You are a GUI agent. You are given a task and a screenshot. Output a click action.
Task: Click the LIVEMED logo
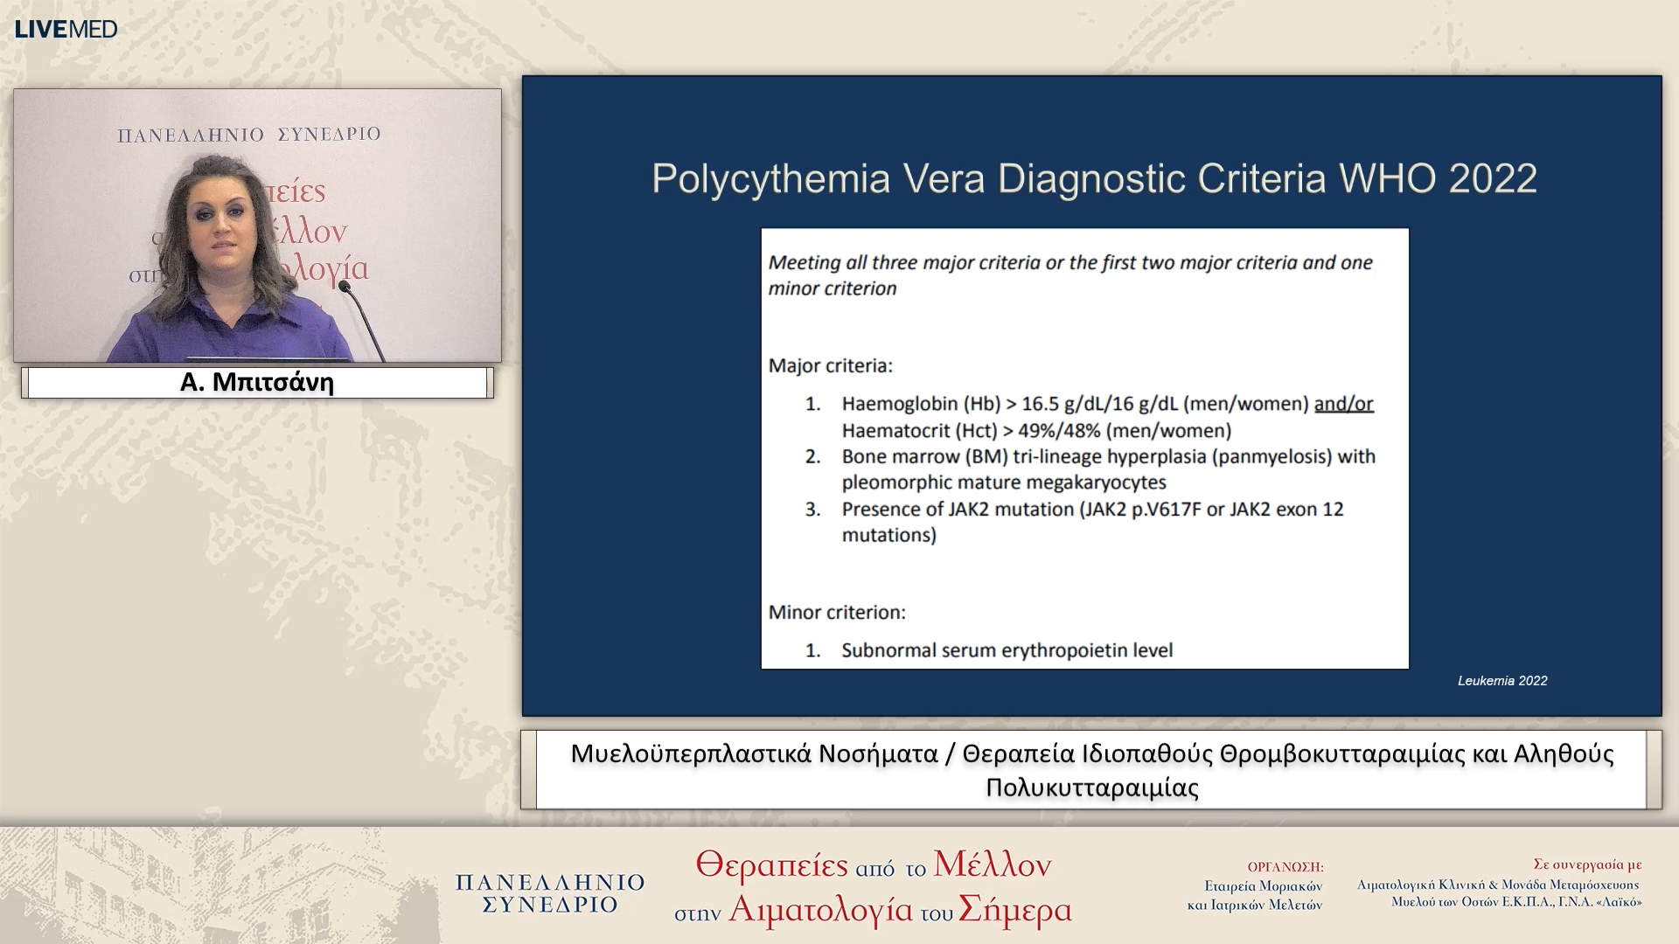click(x=66, y=29)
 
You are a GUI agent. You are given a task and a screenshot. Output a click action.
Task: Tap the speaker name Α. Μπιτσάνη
click(x=257, y=383)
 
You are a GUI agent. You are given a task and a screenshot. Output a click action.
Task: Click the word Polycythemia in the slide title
click(x=770, y=179)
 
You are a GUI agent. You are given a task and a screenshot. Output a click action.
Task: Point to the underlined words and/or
click(x=1343, y=404)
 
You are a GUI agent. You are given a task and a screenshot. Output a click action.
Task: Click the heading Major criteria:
click(x=830, y=365)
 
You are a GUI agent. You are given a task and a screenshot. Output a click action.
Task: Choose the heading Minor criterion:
click(x=837, y=612)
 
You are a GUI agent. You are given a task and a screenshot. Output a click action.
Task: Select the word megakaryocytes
click(x=1096, y=482)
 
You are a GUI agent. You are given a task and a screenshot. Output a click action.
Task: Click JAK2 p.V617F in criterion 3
click(x=1143, y=509)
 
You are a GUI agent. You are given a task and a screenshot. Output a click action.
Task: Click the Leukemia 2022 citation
click(x=1501, y=681)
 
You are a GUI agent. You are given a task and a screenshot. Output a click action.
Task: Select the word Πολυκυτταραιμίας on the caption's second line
click(x=1091, y=788)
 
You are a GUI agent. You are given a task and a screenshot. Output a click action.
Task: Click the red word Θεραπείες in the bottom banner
click(x=771, y=864)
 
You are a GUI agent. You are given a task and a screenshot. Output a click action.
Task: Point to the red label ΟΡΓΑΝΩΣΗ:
click(x=1285, y=867)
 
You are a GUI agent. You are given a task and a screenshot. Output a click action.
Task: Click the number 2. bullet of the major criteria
click(x=812, y=456)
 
